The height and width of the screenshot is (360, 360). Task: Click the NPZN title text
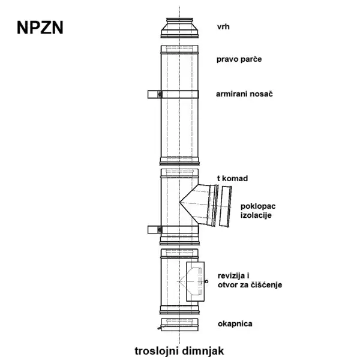coord(40,28)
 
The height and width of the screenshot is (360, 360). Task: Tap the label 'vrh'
coord(223,26)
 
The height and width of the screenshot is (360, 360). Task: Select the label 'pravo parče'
coord(239,59)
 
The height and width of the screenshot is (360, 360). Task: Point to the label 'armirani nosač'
coord(244,94)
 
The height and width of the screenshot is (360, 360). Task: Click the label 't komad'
coord(232,178)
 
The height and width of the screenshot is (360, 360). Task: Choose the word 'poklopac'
coord(258,206)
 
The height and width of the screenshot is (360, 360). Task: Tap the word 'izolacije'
coord(256,215)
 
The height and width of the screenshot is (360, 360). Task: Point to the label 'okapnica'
coord(235,324)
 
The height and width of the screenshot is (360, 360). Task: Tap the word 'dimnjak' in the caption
coord(203,351)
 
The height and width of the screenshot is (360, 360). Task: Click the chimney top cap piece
coord(179,28)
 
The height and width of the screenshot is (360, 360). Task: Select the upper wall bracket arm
coord(154,94)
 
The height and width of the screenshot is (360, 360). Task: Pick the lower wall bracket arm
coord(154,230)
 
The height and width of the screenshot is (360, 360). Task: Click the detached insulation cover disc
coord(225,206)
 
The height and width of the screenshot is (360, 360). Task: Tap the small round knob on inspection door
coord(206,281)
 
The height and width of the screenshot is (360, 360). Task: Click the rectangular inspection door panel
coord(195,281)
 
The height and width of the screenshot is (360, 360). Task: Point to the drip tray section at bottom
coord(179,325)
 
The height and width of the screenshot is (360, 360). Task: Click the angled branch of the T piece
coord(199,205)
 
